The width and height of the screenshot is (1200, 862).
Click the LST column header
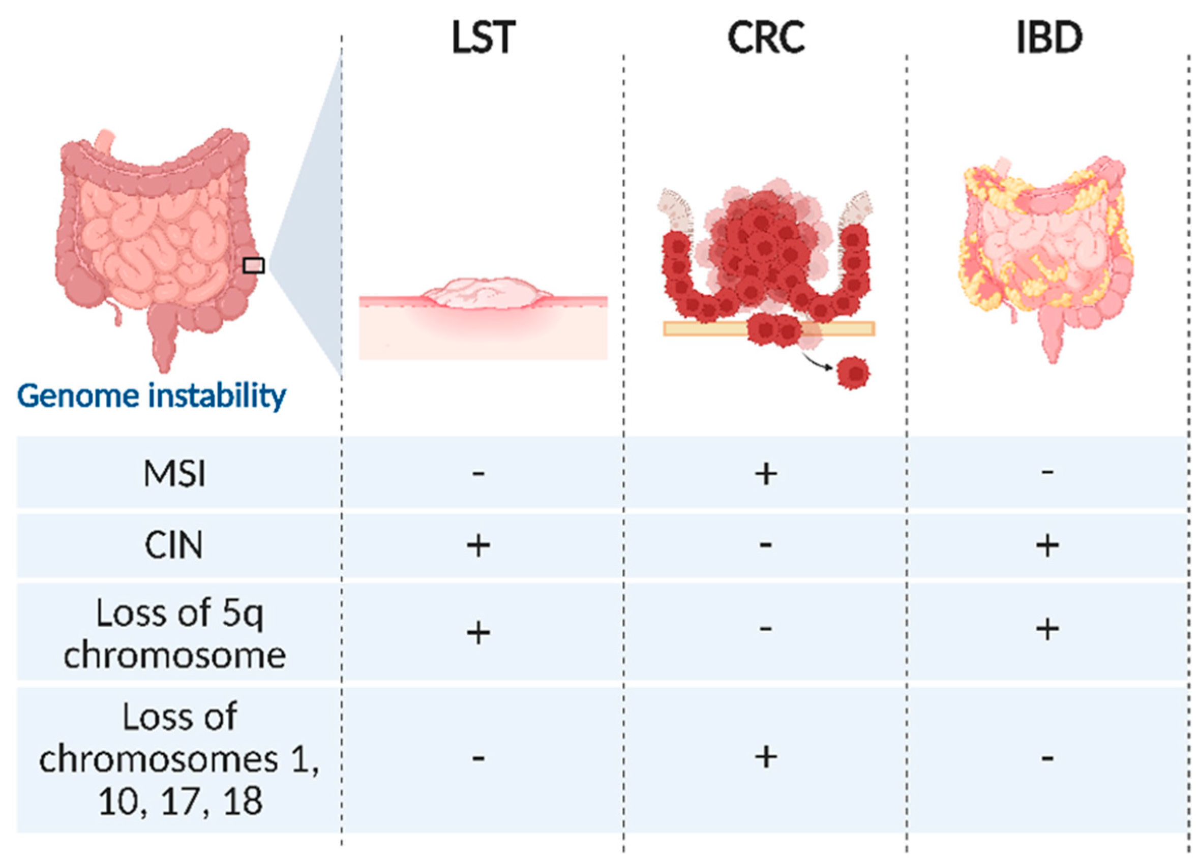483,38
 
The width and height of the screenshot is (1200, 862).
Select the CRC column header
766,38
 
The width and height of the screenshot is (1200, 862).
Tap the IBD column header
1049,38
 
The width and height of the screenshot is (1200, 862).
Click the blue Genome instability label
152,395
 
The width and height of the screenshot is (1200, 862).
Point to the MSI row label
174,473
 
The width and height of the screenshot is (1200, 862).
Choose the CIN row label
174,545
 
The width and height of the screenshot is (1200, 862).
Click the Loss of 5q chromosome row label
175,634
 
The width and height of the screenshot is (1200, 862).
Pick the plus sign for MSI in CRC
766,474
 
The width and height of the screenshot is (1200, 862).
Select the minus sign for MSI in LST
478,473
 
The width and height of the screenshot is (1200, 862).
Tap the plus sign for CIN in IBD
1047,545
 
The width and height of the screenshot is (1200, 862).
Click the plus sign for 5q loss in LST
478,632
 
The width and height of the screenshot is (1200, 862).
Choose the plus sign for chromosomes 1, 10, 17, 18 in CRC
766,757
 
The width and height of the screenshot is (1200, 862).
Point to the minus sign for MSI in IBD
1047,472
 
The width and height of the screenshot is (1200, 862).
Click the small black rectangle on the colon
253,265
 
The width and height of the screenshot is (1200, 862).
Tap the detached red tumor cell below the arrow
853,373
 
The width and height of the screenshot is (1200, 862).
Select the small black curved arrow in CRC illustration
818,362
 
